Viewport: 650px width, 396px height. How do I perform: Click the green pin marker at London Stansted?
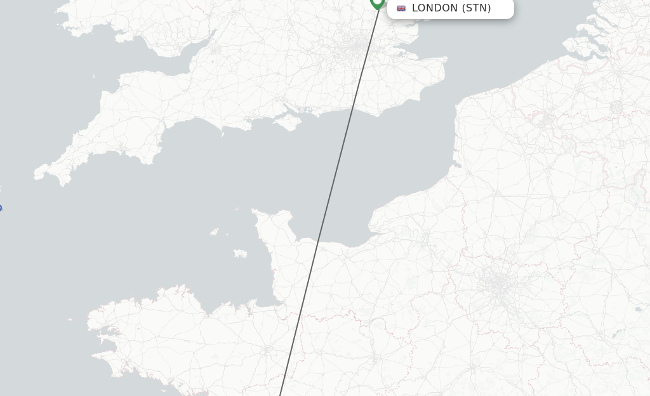point(377,3)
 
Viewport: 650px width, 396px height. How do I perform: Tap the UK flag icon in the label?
point(401,8)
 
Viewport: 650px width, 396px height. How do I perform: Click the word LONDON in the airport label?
point(435,8)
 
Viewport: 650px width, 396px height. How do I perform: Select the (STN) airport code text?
point(476,8)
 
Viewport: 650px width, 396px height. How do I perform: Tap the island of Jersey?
point(240,253)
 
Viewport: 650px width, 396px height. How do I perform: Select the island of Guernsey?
point(215,232)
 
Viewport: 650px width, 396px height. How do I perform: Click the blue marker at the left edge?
point(0,208)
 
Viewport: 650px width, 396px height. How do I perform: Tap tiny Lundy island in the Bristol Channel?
point(94,77)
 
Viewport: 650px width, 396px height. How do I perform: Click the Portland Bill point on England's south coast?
point(222,133)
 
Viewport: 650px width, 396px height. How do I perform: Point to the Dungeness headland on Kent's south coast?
point(379,113)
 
